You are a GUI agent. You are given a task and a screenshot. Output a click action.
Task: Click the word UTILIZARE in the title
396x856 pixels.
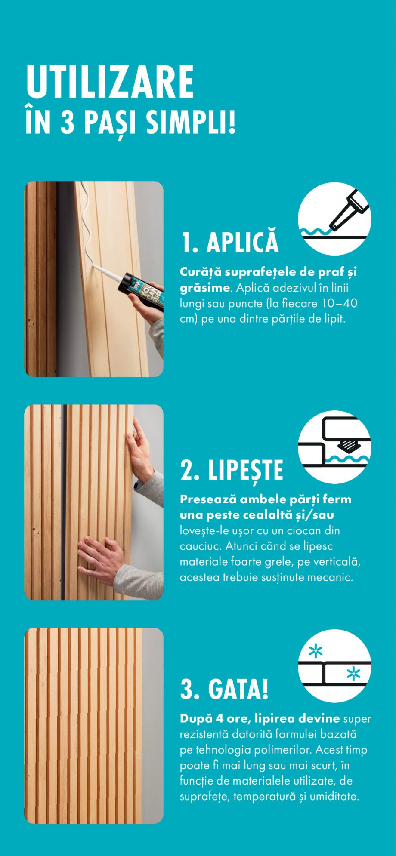[110, 82]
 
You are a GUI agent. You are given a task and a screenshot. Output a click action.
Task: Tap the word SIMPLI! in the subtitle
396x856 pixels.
[191, 122]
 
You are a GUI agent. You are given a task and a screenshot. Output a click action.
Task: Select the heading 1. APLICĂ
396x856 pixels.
[230, 242]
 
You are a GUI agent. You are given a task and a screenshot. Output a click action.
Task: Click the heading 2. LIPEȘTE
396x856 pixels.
[232, 470]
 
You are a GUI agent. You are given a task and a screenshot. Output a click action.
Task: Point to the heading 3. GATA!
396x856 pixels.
[224, 689]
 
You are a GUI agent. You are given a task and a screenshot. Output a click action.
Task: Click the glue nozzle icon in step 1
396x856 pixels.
[334, 219]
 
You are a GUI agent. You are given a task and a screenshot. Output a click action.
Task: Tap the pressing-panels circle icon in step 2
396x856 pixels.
[334, 446]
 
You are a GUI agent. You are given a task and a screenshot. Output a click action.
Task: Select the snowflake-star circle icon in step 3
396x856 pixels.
[334, 665]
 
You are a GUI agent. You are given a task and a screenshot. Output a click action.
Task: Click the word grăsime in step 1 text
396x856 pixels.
[204, 288]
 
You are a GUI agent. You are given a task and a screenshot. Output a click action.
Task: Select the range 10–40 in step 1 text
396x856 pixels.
[340, 303]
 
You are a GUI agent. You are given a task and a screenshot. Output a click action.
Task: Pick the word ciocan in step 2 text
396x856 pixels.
[304, 530]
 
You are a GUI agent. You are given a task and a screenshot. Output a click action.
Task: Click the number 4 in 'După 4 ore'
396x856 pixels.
[220, 719]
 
